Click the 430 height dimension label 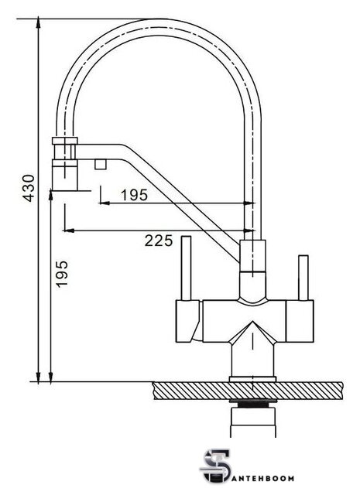pos(29,188)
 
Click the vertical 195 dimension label pos(62,273)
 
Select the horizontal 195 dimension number pos(135,195)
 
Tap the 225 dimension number pos(159,241)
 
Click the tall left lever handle pos(186,268)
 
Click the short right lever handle pos(303,278)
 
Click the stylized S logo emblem pos(215,466)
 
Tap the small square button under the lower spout pos(101,165)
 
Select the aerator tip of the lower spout pos(65,179)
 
